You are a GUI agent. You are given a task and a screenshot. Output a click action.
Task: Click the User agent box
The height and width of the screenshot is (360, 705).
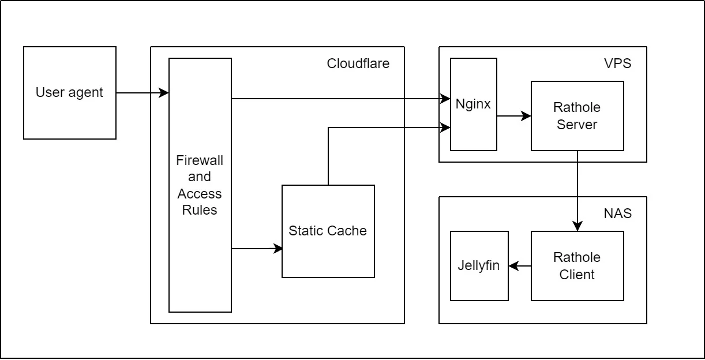tap(69, 93)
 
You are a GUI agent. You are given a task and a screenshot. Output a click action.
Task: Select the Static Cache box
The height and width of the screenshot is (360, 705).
tap(328, 231)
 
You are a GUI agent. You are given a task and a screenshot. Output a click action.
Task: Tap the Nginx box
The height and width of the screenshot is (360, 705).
tap(473, 104)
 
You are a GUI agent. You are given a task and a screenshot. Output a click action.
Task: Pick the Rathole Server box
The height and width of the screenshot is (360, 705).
tap(577, 116)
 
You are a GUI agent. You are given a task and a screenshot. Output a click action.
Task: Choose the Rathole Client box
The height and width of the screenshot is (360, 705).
tap(577, 266)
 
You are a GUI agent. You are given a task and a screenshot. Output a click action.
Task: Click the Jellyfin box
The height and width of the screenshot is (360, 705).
tap(479, 266)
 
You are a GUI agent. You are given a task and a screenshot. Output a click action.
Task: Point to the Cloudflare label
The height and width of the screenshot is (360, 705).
tap(358, 63)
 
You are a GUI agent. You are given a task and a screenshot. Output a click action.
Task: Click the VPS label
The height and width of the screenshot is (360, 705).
tap(617, 63)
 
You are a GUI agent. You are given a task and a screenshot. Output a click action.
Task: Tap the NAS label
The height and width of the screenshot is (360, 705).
tap(617, 213)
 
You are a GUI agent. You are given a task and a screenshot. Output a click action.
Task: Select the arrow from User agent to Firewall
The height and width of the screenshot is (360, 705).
tap(142, 93)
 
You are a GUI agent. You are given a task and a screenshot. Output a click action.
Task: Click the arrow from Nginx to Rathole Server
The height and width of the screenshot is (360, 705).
tap(513, 116)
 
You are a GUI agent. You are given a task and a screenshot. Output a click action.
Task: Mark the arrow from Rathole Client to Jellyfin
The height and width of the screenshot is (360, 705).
tap(520, 266)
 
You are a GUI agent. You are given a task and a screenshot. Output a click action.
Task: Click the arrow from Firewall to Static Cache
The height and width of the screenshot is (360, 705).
tap(257, 249)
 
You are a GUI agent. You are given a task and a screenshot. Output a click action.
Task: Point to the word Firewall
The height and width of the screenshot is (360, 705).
tap(200, 159)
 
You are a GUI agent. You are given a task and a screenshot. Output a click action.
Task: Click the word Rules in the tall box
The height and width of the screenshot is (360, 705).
tap(200, 210)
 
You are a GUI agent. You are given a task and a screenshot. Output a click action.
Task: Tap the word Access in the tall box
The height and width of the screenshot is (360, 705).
tap(200, 193)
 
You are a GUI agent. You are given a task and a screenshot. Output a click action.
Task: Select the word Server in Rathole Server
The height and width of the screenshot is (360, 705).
tap(577, 124)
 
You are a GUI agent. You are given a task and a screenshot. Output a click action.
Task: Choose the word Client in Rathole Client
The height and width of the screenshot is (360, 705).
tap(577, 274)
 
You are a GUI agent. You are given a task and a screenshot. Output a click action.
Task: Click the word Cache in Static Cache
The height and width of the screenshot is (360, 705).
tap(347, 231)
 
